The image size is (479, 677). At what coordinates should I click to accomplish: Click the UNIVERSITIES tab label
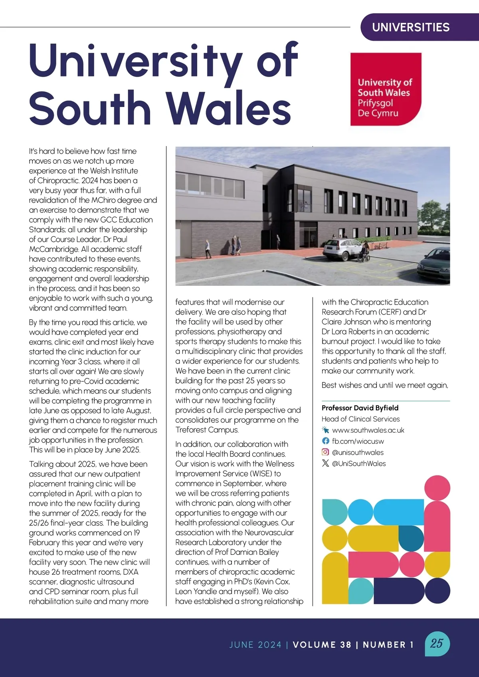[x=411, y=27]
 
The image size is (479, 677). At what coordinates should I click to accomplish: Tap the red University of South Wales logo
[x=386, y=89]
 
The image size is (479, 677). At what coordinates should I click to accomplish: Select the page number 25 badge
[x=437, y=643]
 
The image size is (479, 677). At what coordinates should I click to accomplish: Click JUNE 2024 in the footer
[x=255, y=645]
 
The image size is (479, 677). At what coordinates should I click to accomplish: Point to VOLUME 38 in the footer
[x=322, y=645]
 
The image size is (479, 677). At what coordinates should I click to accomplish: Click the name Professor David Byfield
[x=360, y=408]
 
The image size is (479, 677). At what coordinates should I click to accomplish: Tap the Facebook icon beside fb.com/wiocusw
[x=326, y=441]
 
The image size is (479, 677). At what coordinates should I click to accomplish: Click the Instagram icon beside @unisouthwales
[x=326, y=452]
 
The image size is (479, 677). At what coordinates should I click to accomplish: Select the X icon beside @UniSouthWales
[x=326, y=463]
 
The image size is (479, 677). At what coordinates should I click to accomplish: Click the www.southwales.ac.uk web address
[x=368, y=430]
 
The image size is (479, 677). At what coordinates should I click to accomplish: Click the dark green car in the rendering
[x=435, y=265]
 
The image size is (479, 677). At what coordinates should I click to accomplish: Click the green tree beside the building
[x=431, y=216]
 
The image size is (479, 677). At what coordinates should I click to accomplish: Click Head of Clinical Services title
[x=360, y=419]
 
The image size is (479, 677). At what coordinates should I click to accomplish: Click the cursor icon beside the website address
[x=326, y=430]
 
